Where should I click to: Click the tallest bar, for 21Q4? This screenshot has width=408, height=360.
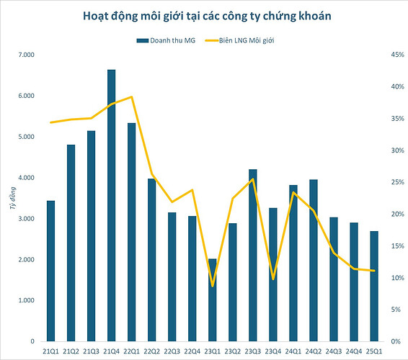tap(112, 205)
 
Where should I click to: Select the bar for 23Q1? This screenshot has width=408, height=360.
tap(213, 300)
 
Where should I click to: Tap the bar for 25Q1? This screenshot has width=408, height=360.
tap(374, 286)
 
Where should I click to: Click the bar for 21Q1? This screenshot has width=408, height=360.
tap(51, 271)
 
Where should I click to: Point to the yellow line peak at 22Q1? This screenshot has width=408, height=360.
tap(131, 96)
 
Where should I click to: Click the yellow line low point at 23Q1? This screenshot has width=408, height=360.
tap(213, 286)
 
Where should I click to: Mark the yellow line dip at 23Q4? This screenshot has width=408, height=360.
tap(273, 279)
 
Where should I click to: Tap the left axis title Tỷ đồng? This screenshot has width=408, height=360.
tap(12, 198)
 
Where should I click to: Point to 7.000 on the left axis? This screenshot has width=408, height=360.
tap(25, 55)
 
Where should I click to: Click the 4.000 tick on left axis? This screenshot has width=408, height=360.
tap(25, 178)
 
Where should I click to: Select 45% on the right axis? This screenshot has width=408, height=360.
tap(394, 55)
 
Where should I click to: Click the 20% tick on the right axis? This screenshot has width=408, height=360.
tap(394, 214)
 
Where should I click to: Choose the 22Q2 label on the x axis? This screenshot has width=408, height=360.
tap(152, 351)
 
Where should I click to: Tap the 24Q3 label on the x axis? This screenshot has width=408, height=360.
tap(334, 351)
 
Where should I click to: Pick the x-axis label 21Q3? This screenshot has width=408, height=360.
tap(91, 351)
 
